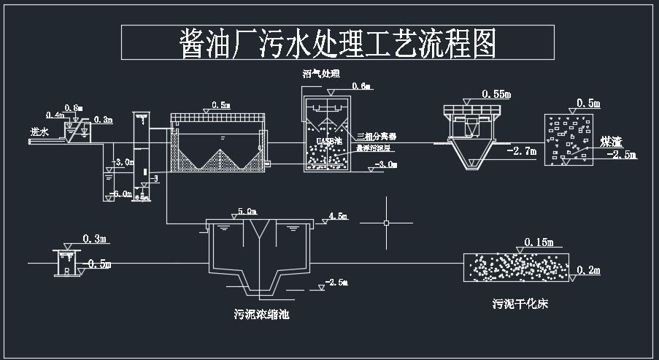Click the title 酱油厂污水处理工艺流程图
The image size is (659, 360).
tap(338, 44)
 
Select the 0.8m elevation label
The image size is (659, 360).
tap(74, 108)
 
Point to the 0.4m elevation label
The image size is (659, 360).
tap(54, 115)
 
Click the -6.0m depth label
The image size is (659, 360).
tap(122, 194)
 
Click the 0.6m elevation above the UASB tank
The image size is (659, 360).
tap(361, 87)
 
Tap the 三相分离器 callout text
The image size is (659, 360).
tap(376, 137)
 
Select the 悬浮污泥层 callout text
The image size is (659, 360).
tap(374, 148)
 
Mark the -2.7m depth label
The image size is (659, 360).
tap(520, 152)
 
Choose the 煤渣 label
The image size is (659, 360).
tap(611, 141)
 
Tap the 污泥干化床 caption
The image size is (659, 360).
tap(520, 304)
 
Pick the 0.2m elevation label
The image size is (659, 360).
tap(588, 271)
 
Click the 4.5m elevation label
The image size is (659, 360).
tap(338, 217)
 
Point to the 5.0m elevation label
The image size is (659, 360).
tap(247, 212)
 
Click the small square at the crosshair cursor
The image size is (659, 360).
tap(386, 223)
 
